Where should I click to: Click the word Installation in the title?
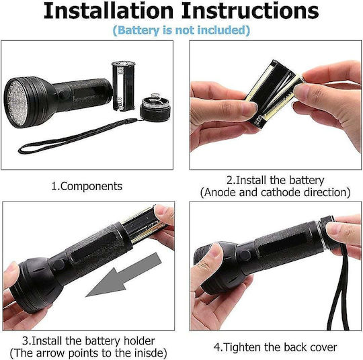[108, 11]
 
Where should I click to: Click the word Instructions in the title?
[250, 11]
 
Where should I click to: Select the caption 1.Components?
[87, 186]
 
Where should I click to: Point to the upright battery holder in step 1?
[124, 85]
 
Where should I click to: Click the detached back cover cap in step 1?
[155, 107]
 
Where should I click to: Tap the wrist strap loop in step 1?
[77, 136]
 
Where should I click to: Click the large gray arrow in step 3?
[124, 275]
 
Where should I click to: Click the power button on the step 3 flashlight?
[57, 265]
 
